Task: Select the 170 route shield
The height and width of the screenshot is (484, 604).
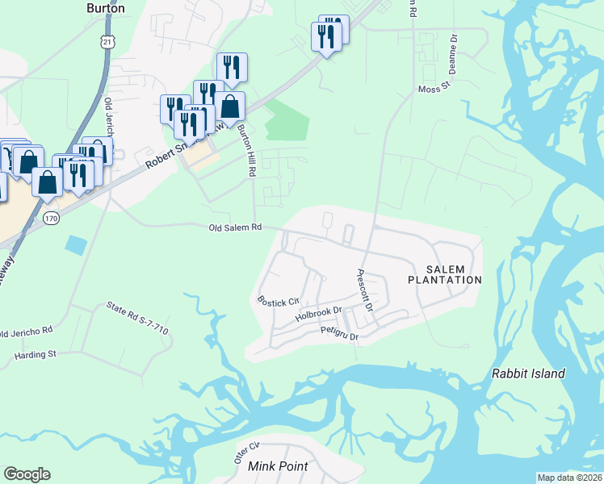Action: point(52,218)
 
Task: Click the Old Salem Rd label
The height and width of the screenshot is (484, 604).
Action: point(236,227)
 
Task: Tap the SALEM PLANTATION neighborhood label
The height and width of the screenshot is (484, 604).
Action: point(444,273)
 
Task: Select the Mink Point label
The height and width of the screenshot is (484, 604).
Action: point(278,466)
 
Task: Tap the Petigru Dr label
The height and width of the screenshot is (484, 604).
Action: point(338,332)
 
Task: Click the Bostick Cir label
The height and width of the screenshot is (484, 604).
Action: point(272,301)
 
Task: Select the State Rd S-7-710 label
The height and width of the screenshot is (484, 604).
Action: point(138,318)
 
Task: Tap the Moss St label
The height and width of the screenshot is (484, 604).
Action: point(432,89)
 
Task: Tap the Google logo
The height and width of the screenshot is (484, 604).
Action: point(27,474)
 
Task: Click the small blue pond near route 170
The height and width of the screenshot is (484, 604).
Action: point(75,244)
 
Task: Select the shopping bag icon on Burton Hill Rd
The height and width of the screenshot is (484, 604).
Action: point(229,106)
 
